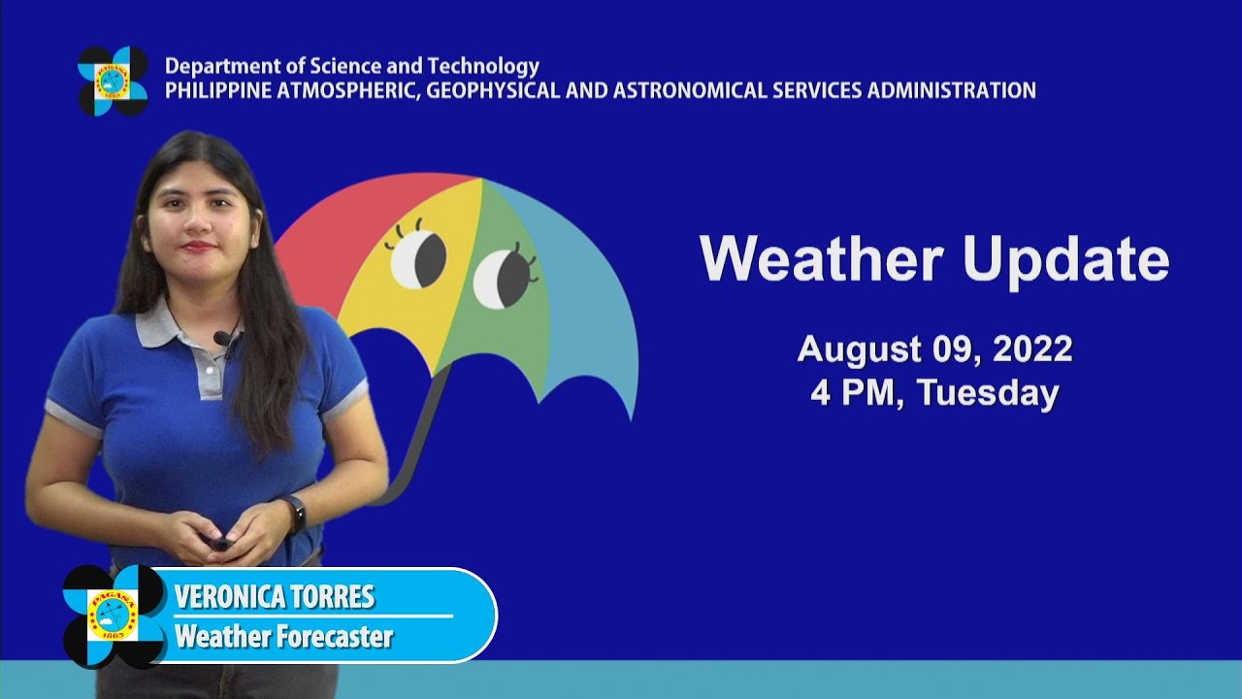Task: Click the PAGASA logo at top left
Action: [113, 81]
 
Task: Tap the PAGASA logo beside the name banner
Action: [114, 616]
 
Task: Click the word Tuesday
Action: [987, 393]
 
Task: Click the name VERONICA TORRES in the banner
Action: [275, 597]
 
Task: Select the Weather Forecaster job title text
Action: [283, 637]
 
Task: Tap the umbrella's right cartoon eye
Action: [504, 278]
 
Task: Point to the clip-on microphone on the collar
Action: [222, 339]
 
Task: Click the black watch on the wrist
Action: [293, 511]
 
